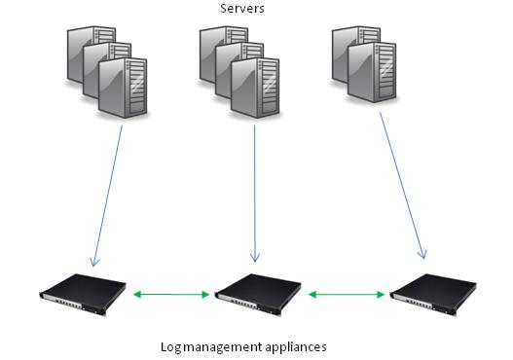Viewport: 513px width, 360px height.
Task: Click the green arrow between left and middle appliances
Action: (x=172, y=292)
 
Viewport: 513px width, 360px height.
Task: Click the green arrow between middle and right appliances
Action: (x=346, y=292)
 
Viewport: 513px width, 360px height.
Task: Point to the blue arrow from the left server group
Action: (x=108, y=195)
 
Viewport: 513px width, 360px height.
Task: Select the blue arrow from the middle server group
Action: (x=255, y=195)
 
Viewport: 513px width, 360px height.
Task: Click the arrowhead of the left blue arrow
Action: (x=93, y=260)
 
